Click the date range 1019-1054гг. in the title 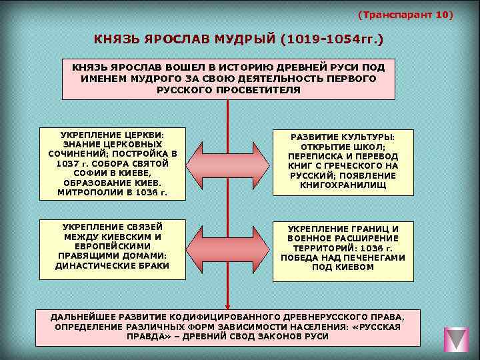click(332, 40)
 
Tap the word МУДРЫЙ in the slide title click(243, 40)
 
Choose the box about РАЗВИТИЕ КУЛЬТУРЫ click(343, 162)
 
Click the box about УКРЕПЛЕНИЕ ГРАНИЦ click(343, 247)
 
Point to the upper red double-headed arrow click(229, 162)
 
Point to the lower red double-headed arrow click(229, 247)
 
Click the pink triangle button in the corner click(457, 339)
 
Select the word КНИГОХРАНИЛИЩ click(343, 185)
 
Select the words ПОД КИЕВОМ click(343, 267)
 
